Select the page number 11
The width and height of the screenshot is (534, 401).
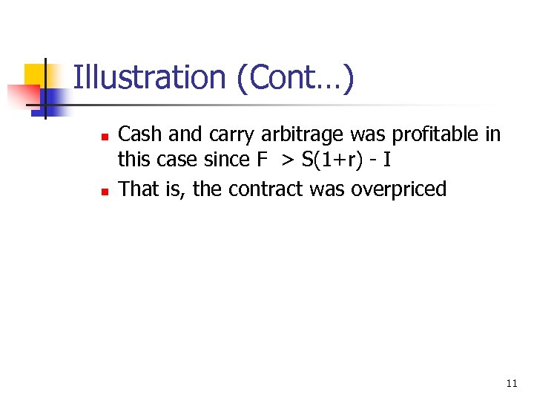(511, 383)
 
